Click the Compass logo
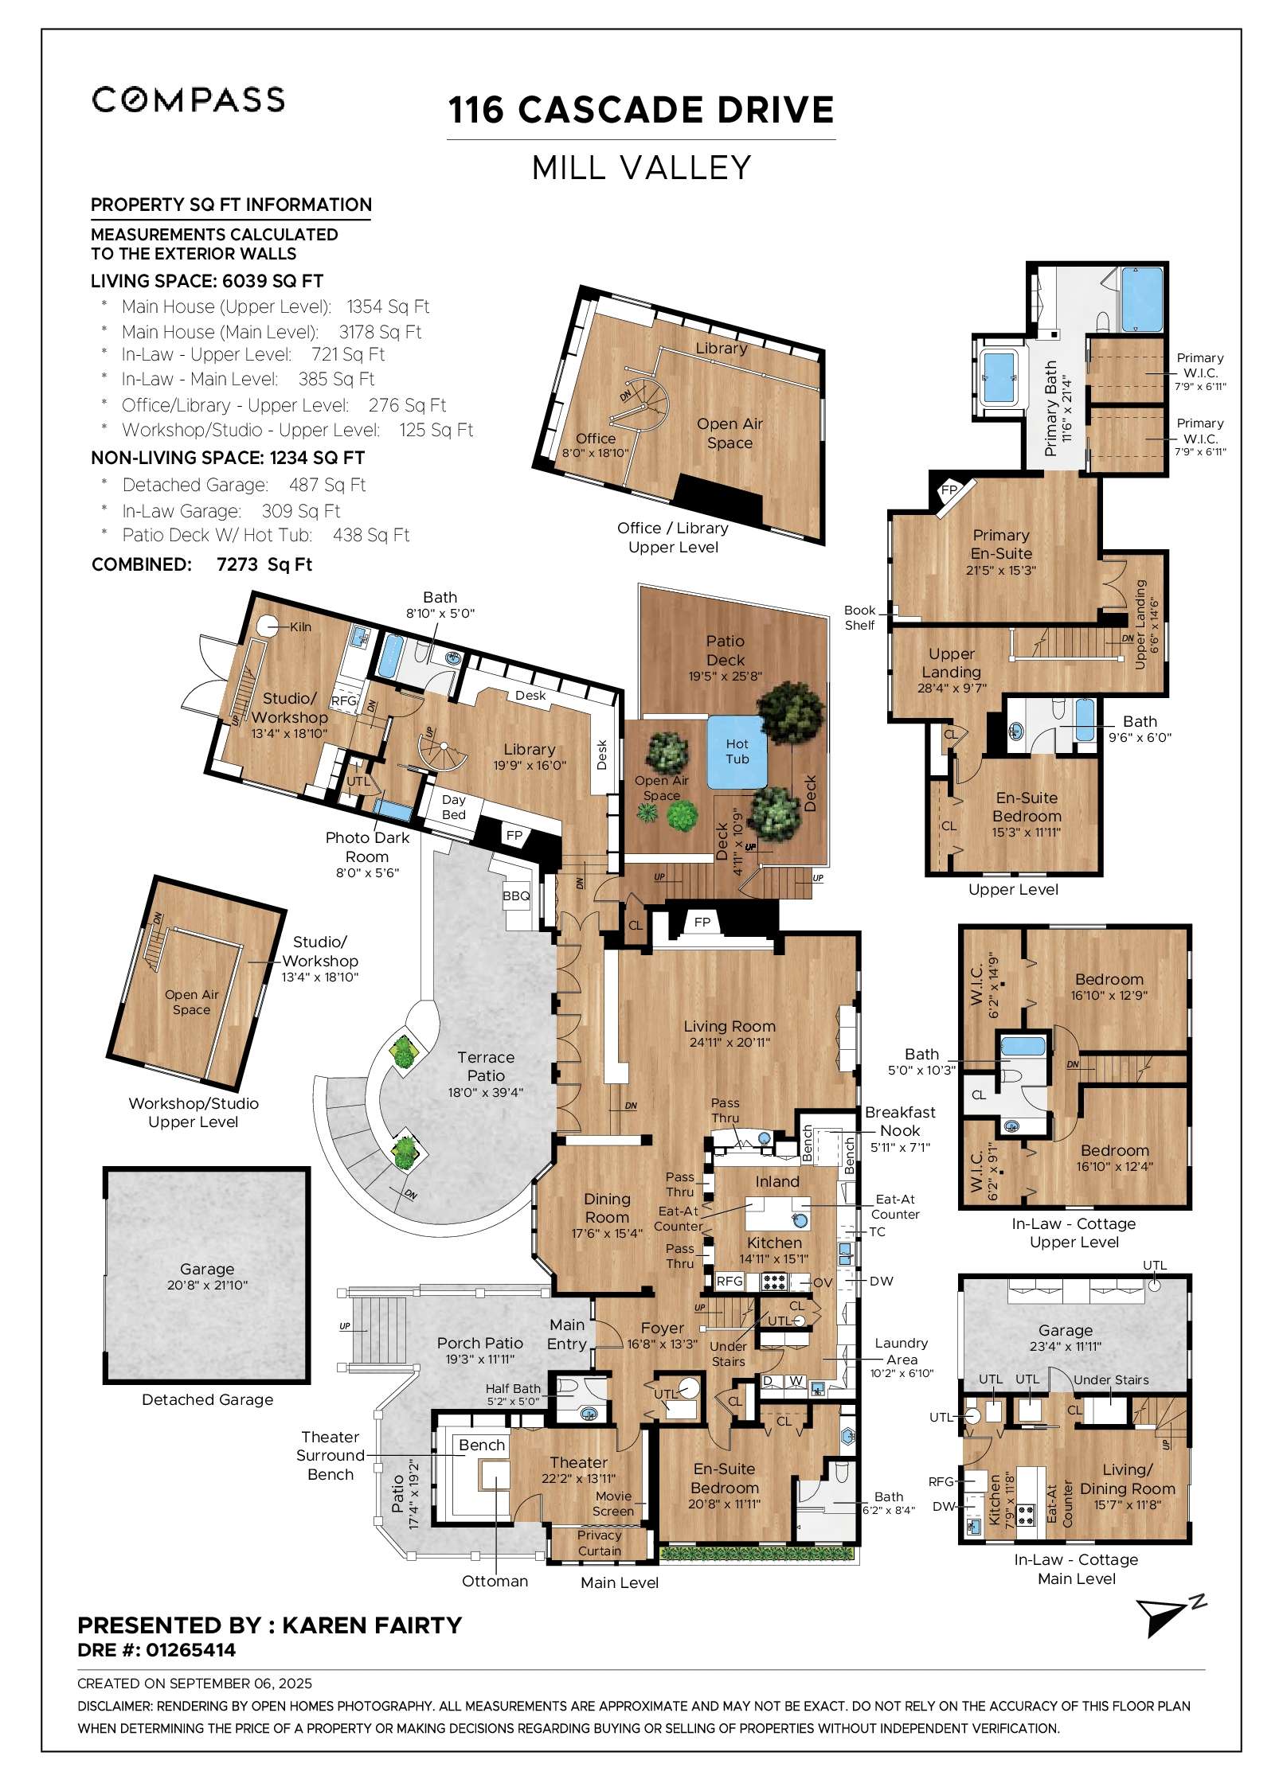[x=188, y=100]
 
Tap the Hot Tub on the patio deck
[x=737, y=752]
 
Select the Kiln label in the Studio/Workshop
[x=300, y=627]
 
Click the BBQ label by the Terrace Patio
[x=516, y=895]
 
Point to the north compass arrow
[x=1169, y=1616]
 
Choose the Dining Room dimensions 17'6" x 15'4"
[x=607, y=1234]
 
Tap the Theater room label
[x=579, y=1462]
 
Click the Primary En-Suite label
[x=1001, y=544]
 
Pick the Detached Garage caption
[x=207, y=1399]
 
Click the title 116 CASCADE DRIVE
[x=641, y=110]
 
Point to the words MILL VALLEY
[x=641, y=168]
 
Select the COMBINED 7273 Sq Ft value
[x=264, y=564]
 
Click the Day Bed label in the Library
[x=454, y=807]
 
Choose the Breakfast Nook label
[x=900, y=1122]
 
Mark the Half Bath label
[x=513, y=1388]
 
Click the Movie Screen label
[x=613, y=1504]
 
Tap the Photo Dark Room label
[x=367, y=847]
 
